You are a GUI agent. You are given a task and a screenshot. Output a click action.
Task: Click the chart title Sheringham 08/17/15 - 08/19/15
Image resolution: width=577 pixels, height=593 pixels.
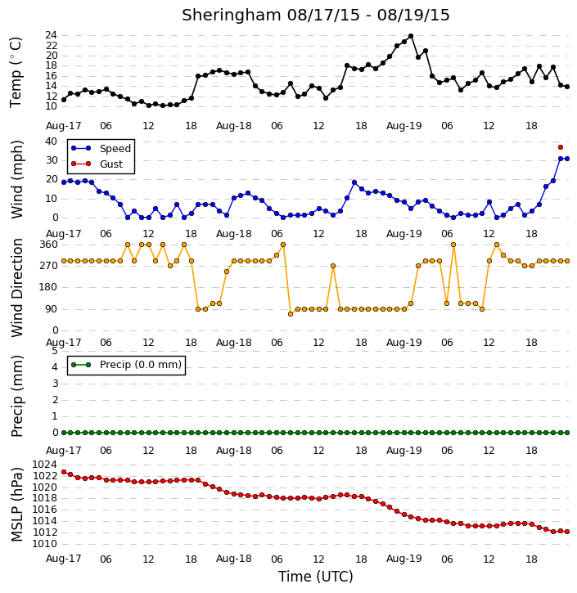[x=316, y=15]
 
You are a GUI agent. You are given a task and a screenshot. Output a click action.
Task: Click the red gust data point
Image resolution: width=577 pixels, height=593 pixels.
[x=561, y=147]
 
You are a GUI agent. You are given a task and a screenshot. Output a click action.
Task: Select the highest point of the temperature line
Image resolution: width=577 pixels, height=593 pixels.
[x=411, y=36]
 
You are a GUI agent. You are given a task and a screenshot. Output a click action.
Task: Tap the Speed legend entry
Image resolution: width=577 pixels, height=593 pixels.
[x=101, y=148]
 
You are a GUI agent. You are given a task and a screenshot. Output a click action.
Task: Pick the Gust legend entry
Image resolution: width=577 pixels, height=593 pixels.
[x=97, y=164]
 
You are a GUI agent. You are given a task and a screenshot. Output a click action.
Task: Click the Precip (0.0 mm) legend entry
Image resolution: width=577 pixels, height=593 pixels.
[x=126, y=365]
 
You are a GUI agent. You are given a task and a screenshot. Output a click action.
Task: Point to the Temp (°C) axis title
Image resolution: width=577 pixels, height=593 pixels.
[x=16, y=72]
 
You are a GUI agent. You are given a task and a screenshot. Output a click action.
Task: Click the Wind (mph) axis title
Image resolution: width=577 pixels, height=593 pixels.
[x=16, y=179]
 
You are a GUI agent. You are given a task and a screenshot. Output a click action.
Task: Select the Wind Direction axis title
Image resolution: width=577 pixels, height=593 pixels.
[x=16, y=288]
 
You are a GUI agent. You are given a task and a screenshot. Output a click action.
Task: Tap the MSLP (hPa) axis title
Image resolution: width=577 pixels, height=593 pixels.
[x=16, y=505]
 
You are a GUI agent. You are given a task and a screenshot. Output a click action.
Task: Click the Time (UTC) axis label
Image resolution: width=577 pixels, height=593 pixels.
[x=316, y=577]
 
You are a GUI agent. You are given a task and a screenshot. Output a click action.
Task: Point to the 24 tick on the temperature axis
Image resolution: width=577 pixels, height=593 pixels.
[x=51, y=35]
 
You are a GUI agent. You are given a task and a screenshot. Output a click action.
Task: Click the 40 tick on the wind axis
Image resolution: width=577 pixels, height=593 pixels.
[x=51, y=142]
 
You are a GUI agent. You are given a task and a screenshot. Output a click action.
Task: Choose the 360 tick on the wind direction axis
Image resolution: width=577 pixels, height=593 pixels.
[x=49, y=245]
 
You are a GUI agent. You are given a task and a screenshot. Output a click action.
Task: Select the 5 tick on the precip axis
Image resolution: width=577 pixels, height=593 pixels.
[x=55, y=351]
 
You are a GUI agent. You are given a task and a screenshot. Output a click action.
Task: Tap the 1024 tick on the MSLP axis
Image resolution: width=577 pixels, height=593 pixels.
[x=45, y=465]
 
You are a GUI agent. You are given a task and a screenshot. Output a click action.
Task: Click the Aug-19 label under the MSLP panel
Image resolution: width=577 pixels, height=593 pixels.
[x=403, y=559]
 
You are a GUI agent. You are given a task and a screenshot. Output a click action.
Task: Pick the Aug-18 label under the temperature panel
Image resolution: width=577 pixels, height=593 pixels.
[x=233, y=126]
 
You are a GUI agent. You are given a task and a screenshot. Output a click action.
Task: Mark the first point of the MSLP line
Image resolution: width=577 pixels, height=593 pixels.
[x=64, y=472]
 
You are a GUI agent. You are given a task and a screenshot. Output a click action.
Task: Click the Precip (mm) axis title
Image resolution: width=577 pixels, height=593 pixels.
[x=16, y=396]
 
